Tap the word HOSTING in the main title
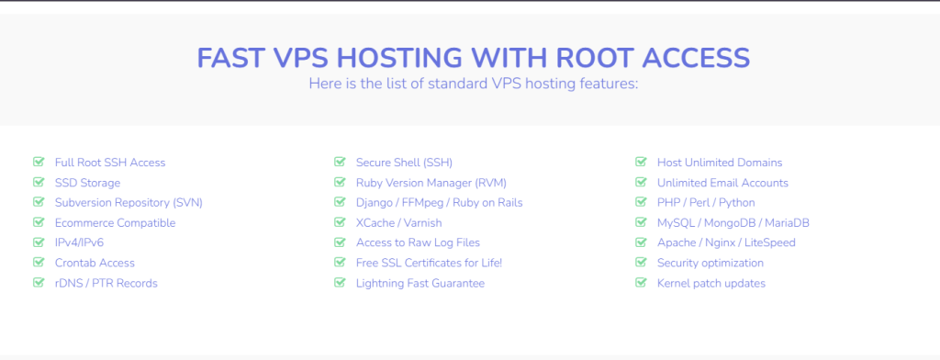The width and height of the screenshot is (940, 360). [399, 57]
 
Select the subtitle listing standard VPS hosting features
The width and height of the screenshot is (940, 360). [473, 84]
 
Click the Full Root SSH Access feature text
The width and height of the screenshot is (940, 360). [110, 163]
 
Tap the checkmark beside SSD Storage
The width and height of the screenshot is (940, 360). [39, 183]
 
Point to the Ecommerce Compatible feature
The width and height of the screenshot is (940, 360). [115, 223]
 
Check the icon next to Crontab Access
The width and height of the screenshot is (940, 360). [39, 263]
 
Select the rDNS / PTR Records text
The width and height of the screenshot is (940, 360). [106, 284]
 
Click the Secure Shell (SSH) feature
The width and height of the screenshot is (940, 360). [404, 163]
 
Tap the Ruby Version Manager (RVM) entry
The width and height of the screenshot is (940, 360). [431, 183]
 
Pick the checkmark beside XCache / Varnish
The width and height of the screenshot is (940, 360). [340, 222]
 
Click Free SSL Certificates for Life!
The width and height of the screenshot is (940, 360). [429, 264]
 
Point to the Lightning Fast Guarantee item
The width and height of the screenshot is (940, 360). [420, 284]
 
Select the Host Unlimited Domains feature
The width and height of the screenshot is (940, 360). [720, 163]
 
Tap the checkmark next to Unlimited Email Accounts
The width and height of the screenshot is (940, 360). [641, 183]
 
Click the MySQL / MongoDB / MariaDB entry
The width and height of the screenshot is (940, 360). [733, 223]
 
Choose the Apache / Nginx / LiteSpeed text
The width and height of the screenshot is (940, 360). [726, 243]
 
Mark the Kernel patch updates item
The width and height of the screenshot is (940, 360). [711, 284]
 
